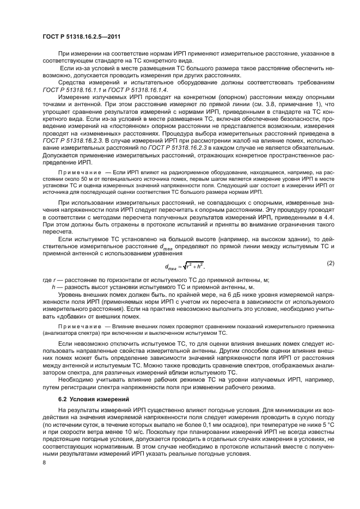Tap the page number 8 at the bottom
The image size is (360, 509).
44,462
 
